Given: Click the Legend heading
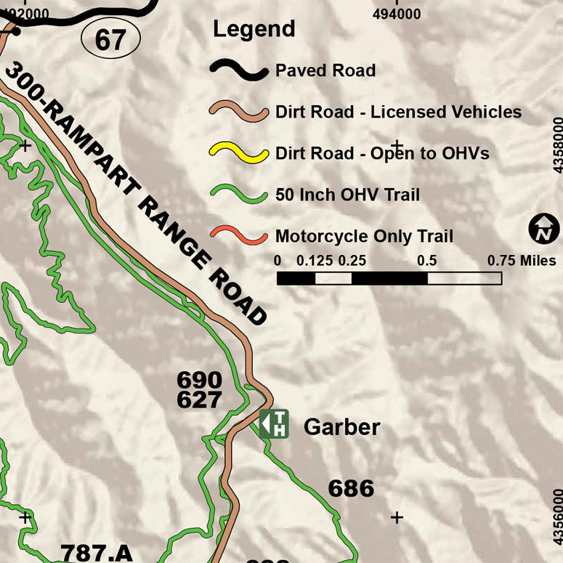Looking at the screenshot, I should (254, 29).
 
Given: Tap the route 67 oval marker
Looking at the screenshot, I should (110, 39).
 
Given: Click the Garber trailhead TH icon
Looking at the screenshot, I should (274, 424).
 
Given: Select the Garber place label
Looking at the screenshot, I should (341, 426).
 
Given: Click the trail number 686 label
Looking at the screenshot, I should (351, 488).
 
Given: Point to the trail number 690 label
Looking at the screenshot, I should (199, 380).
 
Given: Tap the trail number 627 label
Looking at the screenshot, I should (199, 400).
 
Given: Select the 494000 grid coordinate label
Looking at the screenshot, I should (397, 13).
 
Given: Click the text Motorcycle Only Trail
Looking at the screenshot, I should (364, 236).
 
